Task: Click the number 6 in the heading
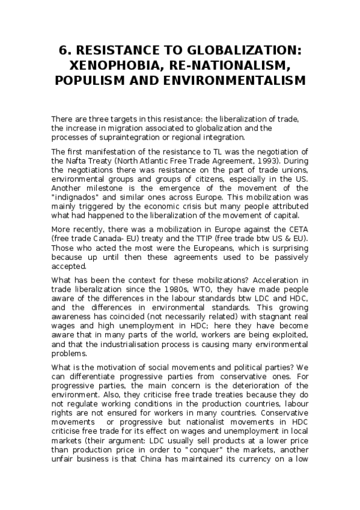(60, 51)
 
